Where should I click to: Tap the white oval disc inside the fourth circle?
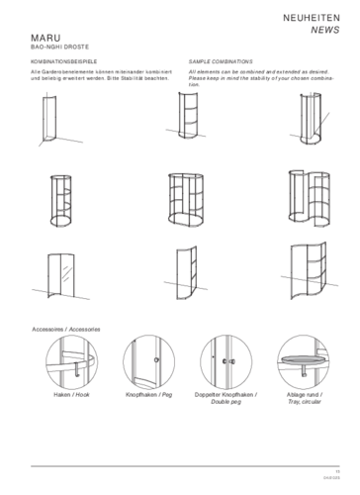click(305, 362)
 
